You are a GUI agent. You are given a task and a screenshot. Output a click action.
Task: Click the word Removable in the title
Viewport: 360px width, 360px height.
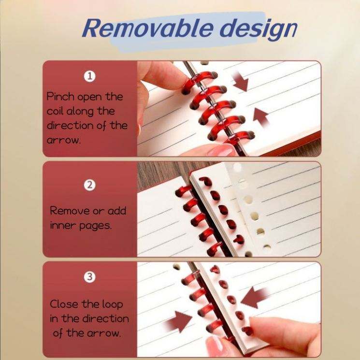(x=147, y=28)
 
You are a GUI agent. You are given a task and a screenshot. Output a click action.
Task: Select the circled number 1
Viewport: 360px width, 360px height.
(x=89, y=76)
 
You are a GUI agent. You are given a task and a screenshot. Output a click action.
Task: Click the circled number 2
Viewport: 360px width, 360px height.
(x=89, y=185)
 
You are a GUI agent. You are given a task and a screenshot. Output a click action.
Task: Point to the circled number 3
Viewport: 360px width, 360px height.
(x=89, y=277)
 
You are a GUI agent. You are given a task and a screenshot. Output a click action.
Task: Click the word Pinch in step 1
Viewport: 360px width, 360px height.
(x=60, y=96)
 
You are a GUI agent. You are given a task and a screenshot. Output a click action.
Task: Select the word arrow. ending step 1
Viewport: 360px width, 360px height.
(x=64, y=140)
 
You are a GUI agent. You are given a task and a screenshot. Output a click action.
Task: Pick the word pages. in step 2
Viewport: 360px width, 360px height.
(x=96, y=226)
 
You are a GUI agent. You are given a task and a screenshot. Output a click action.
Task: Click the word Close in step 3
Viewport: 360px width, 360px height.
(x=64, y=304)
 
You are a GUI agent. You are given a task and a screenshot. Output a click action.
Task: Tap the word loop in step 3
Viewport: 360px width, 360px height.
(x=113, y=305)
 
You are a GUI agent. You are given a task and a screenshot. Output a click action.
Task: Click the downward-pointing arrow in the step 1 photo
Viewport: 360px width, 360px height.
(x=241, y=82)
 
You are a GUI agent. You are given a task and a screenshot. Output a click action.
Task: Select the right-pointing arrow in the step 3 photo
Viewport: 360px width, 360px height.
(x=179, y=321)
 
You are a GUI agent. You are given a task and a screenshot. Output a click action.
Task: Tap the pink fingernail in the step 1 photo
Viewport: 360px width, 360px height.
(x=222, y=150)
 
